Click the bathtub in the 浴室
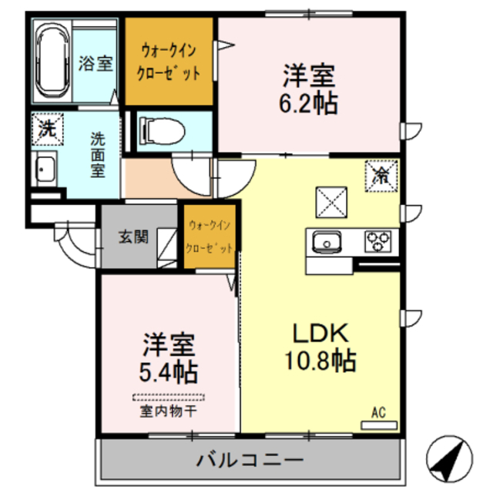pos(52,61)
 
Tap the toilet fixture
pos(162,131)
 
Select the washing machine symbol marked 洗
pos(48,129)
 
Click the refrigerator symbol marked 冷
pos(381,176)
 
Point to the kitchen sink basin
pos(327,243)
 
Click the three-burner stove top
pos(378,241)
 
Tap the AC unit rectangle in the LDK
pos(379,425)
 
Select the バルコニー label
pos(250,460)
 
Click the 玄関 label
pos(133,236)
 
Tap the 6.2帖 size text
pos(308,102)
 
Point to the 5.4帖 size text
pos(168,372)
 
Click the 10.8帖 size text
pos(320,360)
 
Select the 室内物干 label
pos(168,411)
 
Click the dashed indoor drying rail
pos(169,397)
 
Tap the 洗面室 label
pos(98,155)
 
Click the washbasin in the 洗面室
pos(44,169)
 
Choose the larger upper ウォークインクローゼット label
pos(169,62)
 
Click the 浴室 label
pos(96,63)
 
